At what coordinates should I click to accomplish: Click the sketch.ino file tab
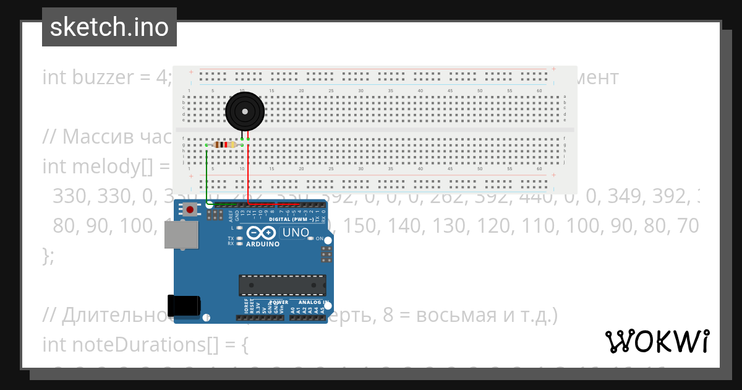tap(109, 27)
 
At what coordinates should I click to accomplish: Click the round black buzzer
tap(245, 112)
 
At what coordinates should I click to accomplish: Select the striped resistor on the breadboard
tap(224, 145)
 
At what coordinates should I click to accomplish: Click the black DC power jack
tap(185, 305)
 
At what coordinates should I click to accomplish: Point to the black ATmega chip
tap(283, 284)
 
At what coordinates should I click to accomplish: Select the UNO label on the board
tap(296, 233)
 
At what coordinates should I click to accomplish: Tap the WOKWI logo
tap(657, 341)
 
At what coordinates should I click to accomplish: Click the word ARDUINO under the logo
tap(263, 244)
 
